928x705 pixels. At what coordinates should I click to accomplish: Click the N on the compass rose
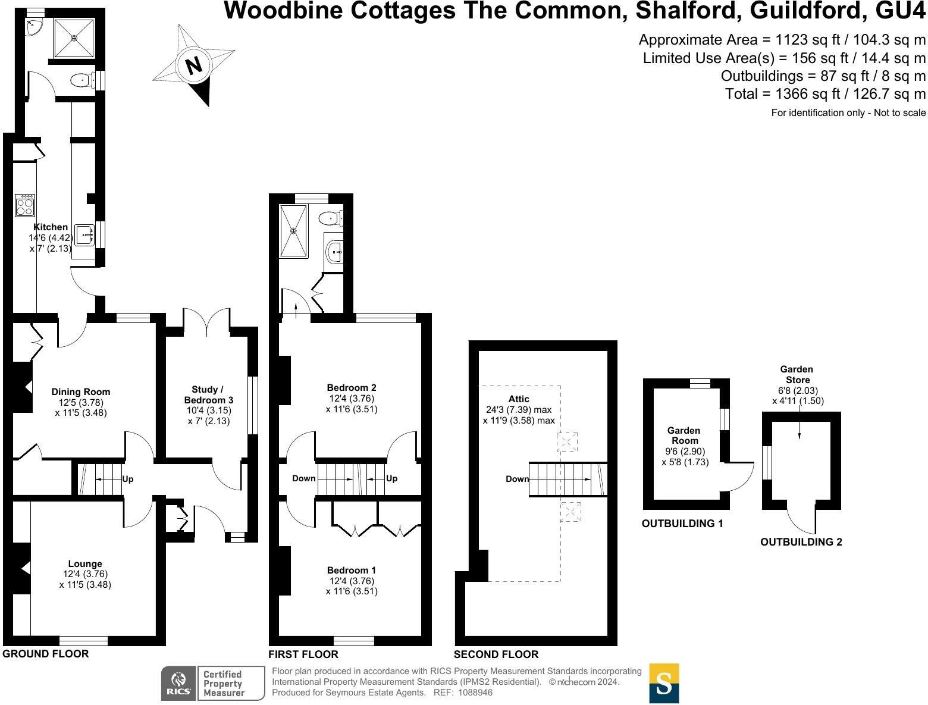(194, 65)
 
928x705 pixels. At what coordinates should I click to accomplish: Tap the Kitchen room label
(51, 227)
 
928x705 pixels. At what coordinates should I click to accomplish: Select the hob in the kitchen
(25, 205)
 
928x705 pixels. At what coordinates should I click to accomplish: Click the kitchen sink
(84, 236)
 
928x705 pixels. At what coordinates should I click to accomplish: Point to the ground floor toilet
(81, 80)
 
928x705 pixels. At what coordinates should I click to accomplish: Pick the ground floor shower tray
(74, 38)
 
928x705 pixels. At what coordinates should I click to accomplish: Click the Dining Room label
(81, 392)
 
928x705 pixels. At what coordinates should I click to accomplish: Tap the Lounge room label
(85, 563)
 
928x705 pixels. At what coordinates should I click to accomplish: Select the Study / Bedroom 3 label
(208, 395)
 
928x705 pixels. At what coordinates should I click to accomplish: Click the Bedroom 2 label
(352, 387)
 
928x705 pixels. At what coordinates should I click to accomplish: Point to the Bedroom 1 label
(352, 570)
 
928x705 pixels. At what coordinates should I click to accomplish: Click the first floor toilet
(330, 218)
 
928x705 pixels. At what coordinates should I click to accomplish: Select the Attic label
(519, 399)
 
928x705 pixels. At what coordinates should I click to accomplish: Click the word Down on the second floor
(517, 479)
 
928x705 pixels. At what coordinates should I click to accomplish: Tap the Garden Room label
(684, 435)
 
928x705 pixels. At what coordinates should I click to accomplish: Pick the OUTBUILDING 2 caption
(801, 542)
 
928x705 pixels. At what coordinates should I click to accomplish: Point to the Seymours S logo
(664, 684)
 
